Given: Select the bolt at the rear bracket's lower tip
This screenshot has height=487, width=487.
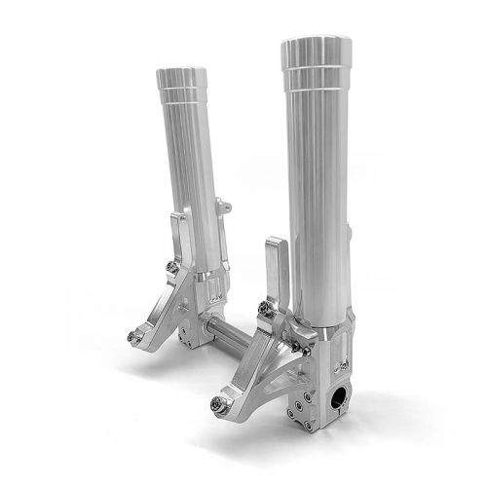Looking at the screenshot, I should tap(133, 337).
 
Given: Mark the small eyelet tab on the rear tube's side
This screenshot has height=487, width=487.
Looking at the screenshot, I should tap(224, 206).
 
